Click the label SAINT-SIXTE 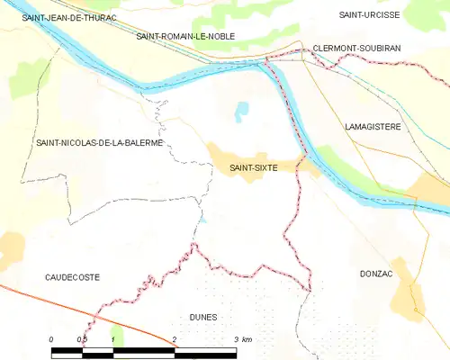(x=253, y=167)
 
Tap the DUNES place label (x=204, y=317)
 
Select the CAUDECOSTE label (x=72, y=277)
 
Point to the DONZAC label (x=376, y=272)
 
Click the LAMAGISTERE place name (x=373, y=128)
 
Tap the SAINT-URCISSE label (x=368, y=15)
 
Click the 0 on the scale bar (x=51, y=338)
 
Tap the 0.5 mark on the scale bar (x=82, y=338)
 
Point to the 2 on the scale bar (x=174, y=338)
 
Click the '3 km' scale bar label (x=242, y=338)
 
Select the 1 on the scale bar (x=112, y=338)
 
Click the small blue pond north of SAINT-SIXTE (x=240, y=112)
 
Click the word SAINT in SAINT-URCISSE (x=353, y=15)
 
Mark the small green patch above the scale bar (x=116, y=335)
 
